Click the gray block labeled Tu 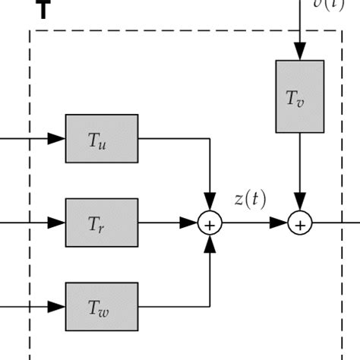coord(102,138)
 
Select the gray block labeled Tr coord(102,223)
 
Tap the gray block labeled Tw coord(102,306)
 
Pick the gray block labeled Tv coord(299,95)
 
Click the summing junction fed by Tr coord(209,223)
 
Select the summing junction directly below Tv coord(300,223)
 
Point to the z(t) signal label coord(250,199)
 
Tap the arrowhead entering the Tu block coord(58,139)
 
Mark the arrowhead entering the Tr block coord(58,223)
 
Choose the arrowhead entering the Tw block coord(58,307)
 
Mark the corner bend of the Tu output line coord(209,139)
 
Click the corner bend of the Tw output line coord(209,307)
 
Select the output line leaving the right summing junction coord(334,223)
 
